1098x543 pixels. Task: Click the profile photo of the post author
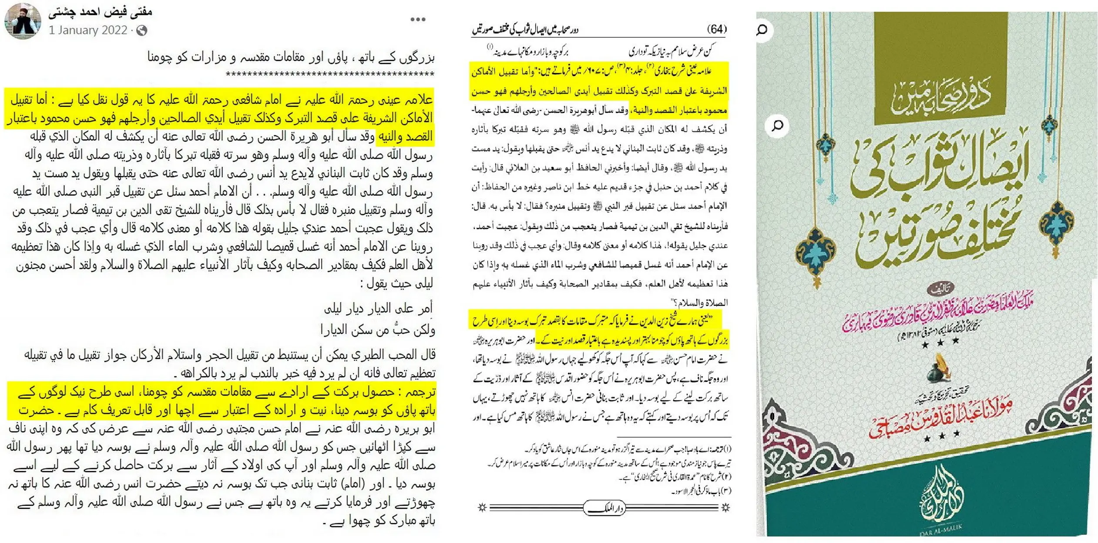[23, 20]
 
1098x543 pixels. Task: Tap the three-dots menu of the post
[418, 20]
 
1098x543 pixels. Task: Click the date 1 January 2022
[88, 30]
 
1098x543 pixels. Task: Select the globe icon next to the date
[142, 30]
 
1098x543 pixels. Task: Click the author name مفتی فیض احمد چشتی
[101, 11]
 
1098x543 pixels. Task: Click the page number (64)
[716, 29]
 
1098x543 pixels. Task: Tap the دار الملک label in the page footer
[604, 508]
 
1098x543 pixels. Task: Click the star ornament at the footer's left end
[482, 507]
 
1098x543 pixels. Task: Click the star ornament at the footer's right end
[725, 507]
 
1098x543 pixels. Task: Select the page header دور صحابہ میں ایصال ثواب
[526, 30]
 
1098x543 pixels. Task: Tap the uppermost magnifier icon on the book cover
[762, 30]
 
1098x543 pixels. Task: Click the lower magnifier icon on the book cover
[777, 126]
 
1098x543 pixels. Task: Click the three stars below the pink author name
[940, 342]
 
